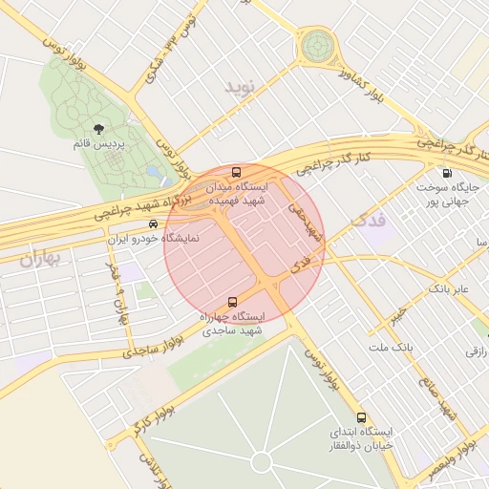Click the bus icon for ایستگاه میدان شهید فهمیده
236,173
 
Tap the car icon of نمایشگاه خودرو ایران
140,223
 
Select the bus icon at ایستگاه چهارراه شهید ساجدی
232,302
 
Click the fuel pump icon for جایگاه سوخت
448,173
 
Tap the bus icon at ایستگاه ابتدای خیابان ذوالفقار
361,417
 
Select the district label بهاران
39,257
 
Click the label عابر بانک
450,287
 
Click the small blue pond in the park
153,172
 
